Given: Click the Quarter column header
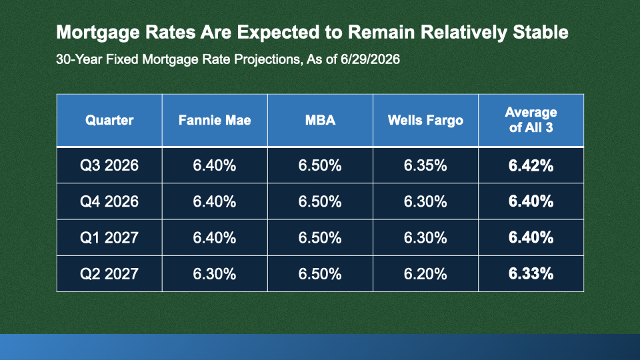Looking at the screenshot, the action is pos(109,120).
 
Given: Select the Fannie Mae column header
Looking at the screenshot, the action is pos(215,120).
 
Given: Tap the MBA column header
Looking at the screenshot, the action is pos(321,120).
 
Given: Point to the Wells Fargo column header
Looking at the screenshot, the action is pos(425,120).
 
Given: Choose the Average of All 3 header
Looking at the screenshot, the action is pos(531,119).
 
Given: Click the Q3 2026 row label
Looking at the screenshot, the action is pos(109,165).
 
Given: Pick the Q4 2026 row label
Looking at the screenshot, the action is pos(109,201).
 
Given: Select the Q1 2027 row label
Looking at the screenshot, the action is pos(109,237).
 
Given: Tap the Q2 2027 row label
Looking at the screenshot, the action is pos(109,273).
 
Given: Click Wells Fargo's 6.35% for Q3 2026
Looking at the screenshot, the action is pos(425,165).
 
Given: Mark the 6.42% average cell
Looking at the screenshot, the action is pos(531,165).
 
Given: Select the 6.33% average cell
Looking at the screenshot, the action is pos(531,273).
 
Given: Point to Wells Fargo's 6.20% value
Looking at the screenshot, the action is pos(425,273).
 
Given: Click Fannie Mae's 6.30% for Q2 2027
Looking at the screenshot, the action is pos(215,273).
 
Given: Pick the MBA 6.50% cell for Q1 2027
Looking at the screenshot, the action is pos(320,237).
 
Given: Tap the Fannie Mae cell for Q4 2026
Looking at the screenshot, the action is pos(215,201).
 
